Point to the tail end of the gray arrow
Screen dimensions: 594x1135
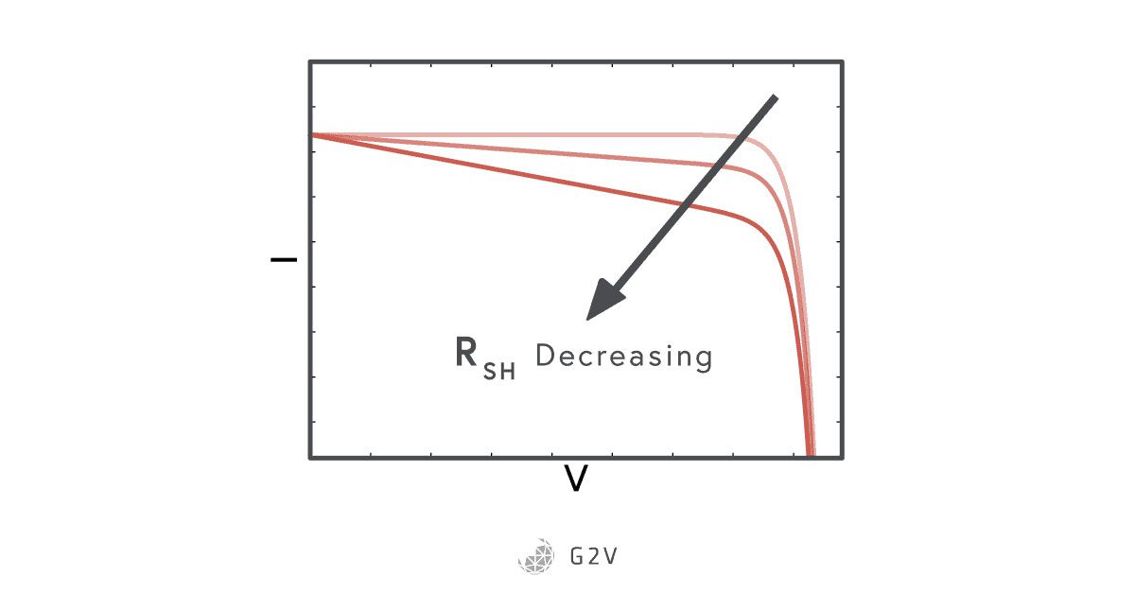pos(773,98)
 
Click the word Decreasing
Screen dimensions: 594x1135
pos(623,357)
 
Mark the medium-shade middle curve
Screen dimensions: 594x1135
pos(567,152)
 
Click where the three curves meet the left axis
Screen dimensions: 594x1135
pos(312,134)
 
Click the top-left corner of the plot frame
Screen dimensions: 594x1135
pos(310,61)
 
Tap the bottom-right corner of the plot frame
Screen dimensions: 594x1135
pos(841,458)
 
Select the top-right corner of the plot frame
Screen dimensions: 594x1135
pos(841,61)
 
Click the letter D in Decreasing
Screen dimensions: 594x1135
pos(546,357)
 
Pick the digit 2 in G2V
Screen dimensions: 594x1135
pos(595,555)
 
